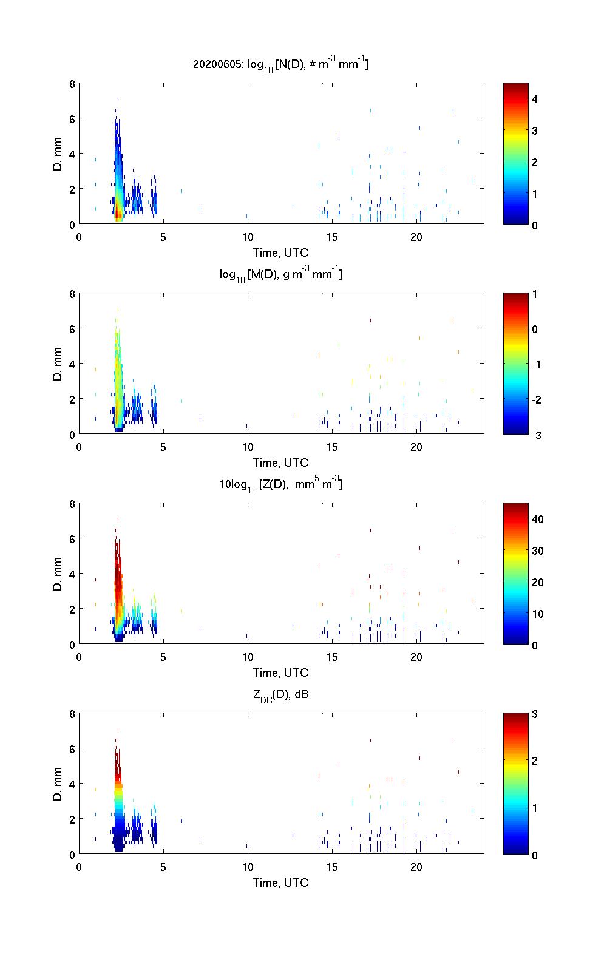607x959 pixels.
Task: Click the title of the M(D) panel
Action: (x=280, y=274)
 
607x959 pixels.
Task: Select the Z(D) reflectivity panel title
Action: (x=280, y=484)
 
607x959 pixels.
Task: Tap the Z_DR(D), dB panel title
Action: (x=280, y=694)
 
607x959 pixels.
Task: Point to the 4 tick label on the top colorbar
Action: (x=535, y=99)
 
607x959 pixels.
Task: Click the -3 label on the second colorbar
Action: (x=537, y=435)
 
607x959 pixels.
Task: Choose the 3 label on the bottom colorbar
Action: (x=535, y=714)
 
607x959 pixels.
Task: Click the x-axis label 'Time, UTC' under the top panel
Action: (x=280, y=252)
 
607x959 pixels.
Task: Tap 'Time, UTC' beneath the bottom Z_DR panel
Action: (x=280, y=883)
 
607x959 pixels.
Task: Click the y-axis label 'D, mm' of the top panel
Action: (x=58, y=154)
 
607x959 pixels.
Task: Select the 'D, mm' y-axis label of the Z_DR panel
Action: (x=58, y=784)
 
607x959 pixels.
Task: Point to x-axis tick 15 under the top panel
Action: (x=331, y=237)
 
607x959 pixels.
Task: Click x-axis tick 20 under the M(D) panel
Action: (x=416, y=447)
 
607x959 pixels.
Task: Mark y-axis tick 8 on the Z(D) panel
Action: (x=72, y=504)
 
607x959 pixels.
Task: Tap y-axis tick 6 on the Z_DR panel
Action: (x=72, y=749)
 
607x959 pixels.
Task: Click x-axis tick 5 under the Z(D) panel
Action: (x=163, y=657)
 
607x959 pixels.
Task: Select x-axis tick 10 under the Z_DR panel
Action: (x=247, y=867)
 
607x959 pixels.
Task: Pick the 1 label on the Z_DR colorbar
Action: (x=535, y=808)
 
